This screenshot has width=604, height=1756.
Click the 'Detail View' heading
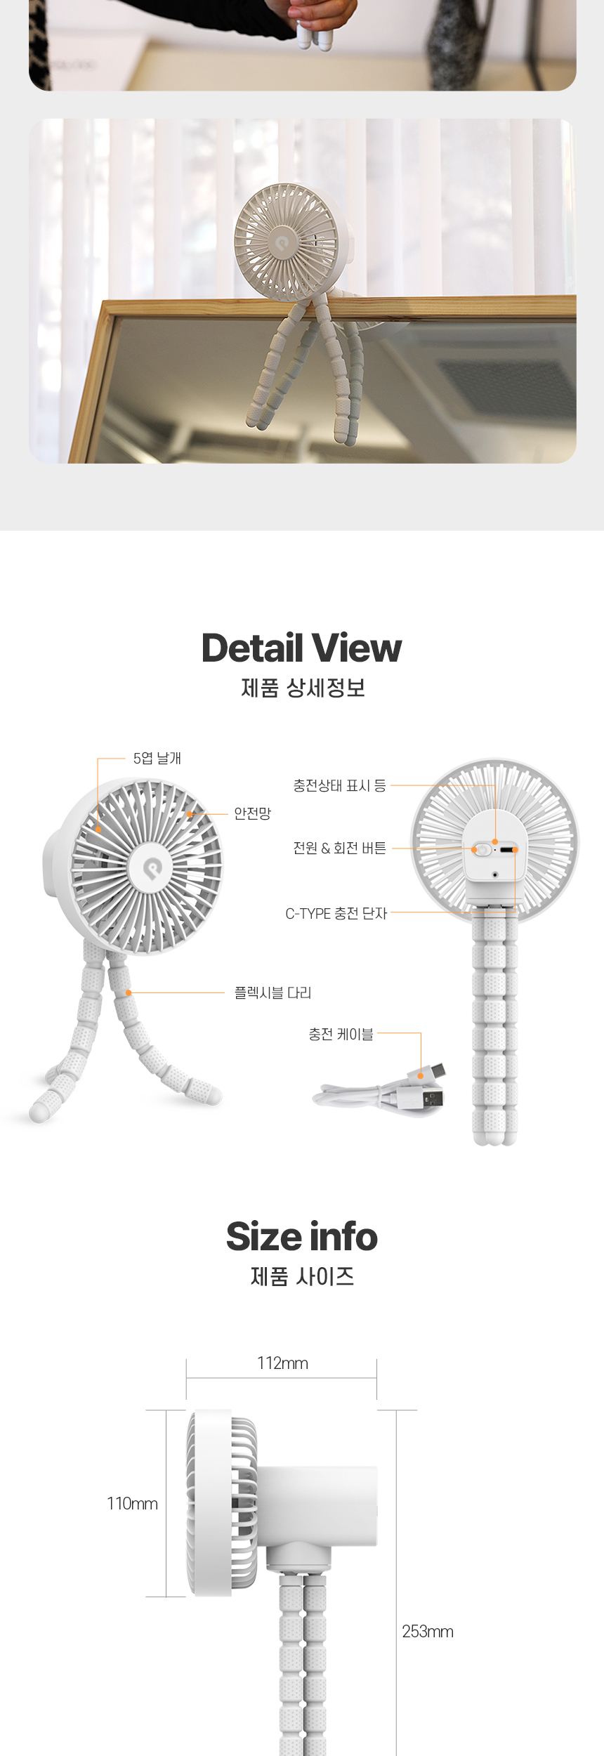coord(301,648)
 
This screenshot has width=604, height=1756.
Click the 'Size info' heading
coord(301,1236)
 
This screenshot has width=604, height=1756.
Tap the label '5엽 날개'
coord(157,759)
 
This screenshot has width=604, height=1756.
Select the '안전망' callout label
coord(252,813)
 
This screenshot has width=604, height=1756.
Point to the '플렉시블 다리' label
coord(273,992)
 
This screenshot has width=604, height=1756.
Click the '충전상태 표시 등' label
coord(339,785)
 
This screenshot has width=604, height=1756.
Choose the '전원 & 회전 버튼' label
coord(339,848)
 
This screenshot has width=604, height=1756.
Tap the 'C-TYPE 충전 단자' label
coord(336,913)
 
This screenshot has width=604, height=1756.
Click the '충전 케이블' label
coord(341,1034)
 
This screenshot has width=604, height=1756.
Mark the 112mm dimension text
coord(282,1363)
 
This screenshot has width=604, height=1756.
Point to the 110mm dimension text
coord(132,1504)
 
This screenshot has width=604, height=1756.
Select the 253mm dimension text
coord(427,1632)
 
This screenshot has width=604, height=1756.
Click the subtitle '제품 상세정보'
coord(303,688)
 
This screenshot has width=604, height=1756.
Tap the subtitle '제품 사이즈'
coord(302,1276)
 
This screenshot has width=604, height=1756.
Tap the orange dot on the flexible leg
coord(129,992)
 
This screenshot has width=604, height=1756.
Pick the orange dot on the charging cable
coord(421,1075)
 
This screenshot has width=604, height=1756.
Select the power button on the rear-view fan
coord(482,850)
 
